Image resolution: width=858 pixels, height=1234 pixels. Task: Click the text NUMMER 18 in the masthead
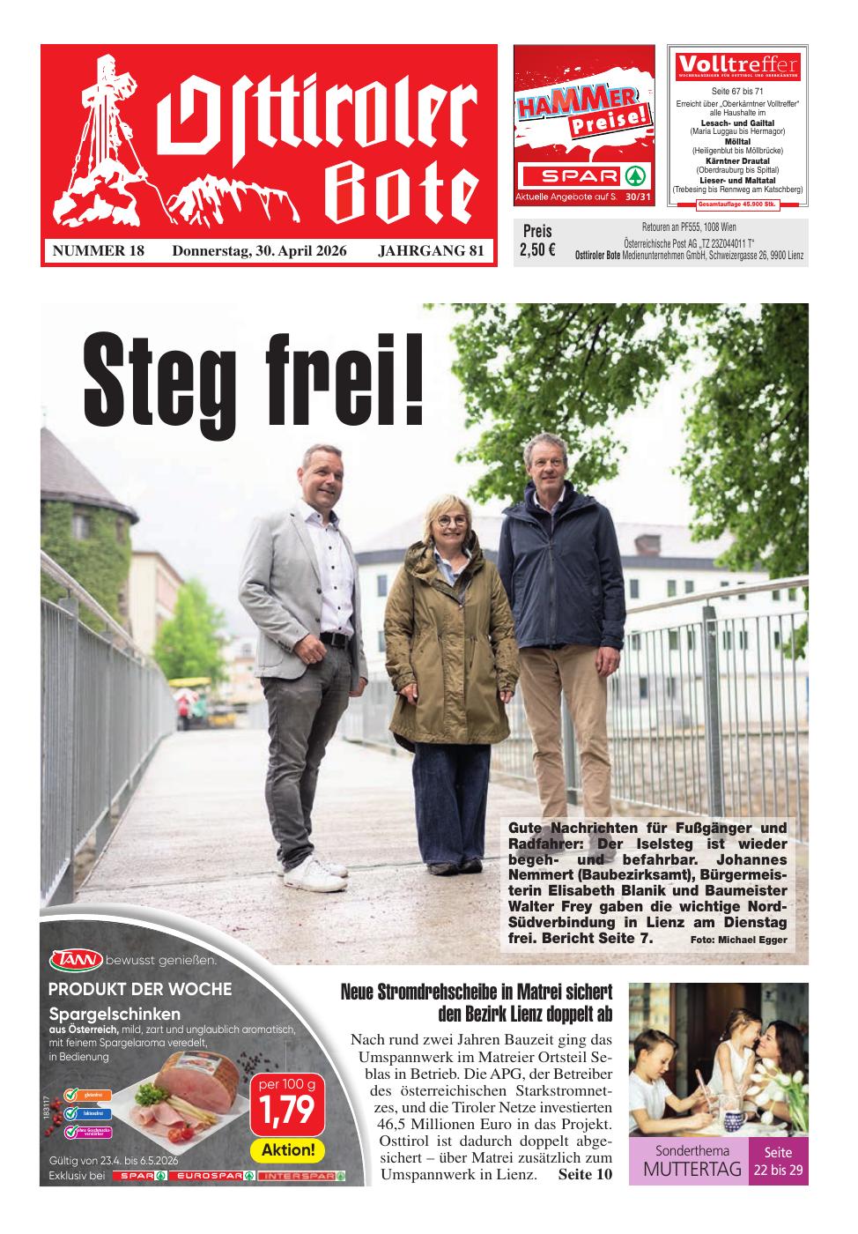coord(99,251)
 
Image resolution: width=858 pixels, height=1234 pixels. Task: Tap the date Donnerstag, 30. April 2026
coord(259,251)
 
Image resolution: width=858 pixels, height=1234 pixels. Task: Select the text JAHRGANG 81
coord(431,251)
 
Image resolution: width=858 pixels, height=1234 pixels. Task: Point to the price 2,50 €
coord(537,249)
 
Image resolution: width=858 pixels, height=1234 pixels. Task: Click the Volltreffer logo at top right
coord(737,64)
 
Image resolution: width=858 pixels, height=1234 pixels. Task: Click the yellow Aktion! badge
coord(288,1150)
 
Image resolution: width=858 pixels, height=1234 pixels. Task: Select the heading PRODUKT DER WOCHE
coord(141,989)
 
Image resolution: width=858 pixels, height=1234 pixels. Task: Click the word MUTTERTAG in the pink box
coord(691,1170)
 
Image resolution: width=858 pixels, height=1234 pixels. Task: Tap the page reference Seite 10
coord(584,1175)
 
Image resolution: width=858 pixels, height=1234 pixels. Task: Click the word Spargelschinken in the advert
coord(115,1014)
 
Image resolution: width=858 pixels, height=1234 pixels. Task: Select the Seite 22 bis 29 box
coord(778,1162)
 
